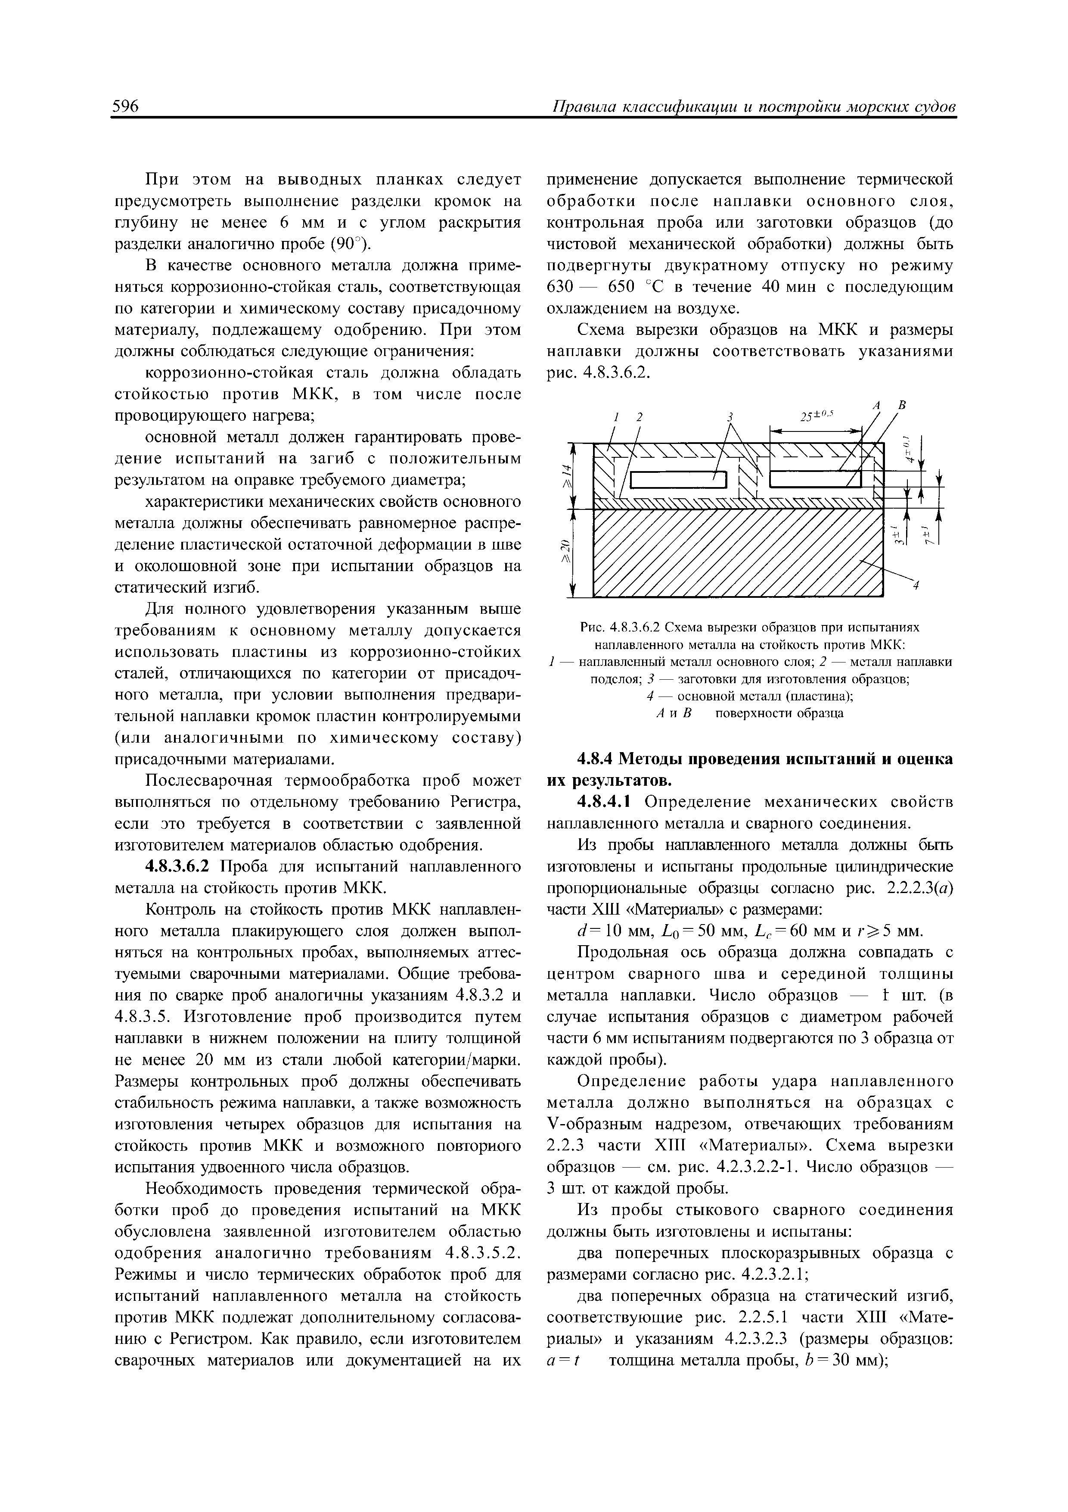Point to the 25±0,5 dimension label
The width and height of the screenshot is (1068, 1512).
click(816, 416)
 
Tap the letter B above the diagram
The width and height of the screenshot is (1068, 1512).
click(902, 407)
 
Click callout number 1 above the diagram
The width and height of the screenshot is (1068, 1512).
click(617, 417)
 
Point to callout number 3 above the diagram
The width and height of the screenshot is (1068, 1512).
click(729, 417)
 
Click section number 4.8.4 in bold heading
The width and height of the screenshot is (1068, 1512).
click(596, 759)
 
